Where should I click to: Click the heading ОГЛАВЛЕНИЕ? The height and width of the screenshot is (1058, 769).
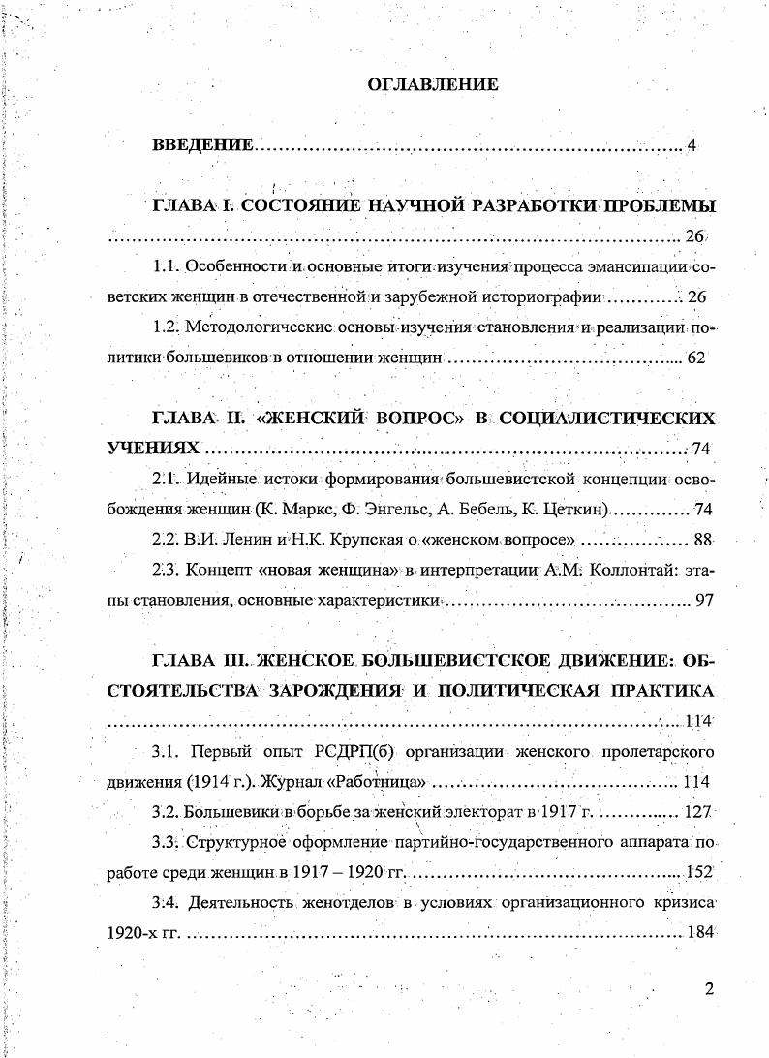[433, 85]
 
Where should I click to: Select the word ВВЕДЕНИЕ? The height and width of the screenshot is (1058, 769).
[202, 146]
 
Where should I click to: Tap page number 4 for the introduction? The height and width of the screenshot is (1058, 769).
[691, 146]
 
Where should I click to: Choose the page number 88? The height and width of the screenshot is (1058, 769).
[703, 539]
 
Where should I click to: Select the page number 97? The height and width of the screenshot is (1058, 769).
[704, 601]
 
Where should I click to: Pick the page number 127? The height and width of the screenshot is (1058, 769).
[697, 812]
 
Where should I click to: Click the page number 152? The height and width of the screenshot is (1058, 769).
[699, 872]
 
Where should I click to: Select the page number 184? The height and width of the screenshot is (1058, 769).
[698, 933]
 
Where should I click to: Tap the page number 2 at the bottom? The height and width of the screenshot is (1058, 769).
[710, 990]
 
